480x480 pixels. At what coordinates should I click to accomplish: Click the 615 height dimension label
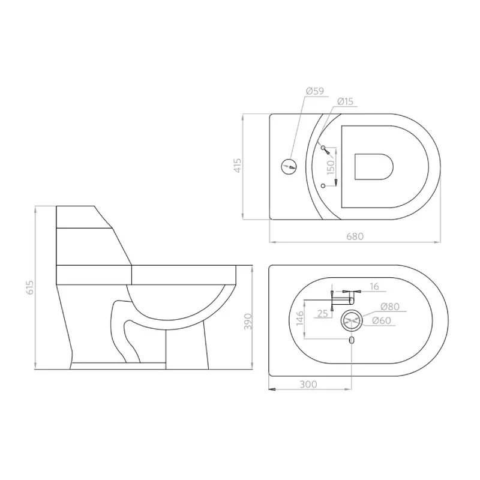(30, 287)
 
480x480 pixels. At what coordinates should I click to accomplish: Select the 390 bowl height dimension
(247, 322)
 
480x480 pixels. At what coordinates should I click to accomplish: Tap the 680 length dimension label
(355, 236)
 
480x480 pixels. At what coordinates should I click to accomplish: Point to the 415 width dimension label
(238, 166)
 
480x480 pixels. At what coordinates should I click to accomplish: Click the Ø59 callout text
(315, 91)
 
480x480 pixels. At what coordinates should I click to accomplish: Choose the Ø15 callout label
(345, 101)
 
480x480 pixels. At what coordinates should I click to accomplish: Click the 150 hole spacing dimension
(331, 167)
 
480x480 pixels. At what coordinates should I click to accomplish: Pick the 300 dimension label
(308, 384)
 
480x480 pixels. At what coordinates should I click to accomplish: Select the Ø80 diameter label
(390, 307)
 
